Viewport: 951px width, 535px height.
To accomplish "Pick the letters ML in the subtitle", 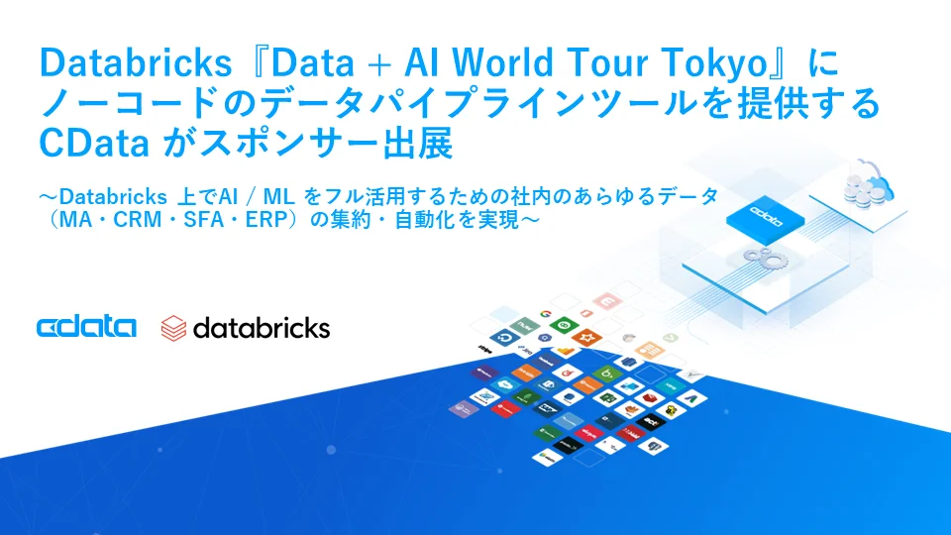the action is (279, 196).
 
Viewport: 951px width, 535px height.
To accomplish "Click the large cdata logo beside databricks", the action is (87, 327).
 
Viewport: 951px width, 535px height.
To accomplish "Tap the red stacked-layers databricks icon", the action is (173, 328).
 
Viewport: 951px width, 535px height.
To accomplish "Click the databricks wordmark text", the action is (262, 328).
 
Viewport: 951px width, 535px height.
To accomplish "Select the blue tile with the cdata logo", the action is (766, 217).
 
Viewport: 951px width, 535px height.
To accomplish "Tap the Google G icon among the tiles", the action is (545, 314).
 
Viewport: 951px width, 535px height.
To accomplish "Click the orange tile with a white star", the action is (586, 337).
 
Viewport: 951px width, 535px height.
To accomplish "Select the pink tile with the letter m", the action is (607, 300).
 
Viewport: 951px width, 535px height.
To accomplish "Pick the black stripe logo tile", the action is (484, 348).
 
